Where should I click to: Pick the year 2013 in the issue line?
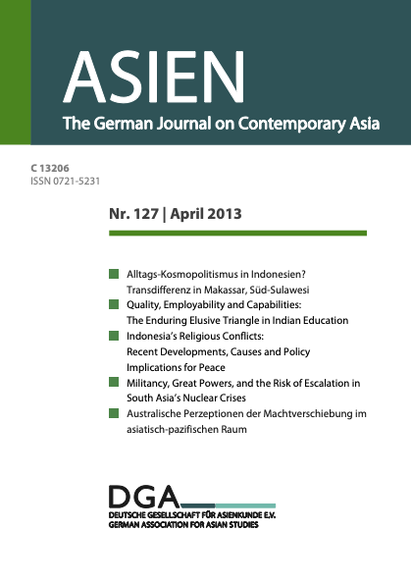224,213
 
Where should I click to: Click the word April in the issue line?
188,213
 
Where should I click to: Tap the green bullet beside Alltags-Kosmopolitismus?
114,270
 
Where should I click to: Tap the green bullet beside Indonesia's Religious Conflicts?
114,336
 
